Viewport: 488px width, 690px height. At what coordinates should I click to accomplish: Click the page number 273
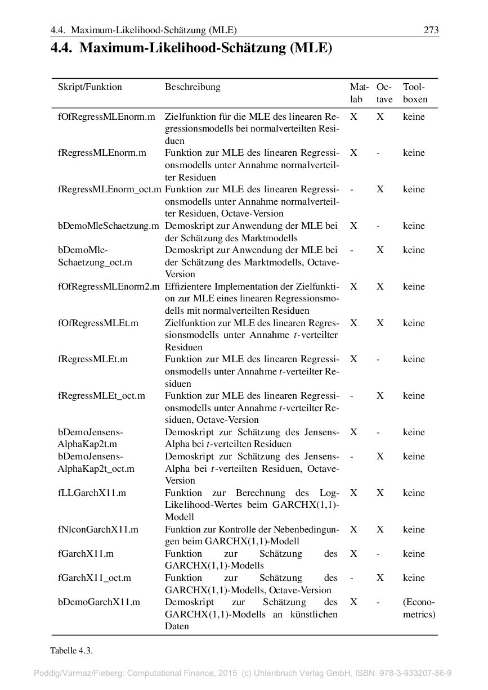click(431, 30)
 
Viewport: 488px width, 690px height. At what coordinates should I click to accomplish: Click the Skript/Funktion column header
click(89, 87)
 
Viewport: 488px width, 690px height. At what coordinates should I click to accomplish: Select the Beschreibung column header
click(192, 87)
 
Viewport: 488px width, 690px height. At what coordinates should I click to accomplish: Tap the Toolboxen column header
click(415, 93)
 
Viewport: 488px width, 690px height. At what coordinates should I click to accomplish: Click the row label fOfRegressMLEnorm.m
click(106, 117)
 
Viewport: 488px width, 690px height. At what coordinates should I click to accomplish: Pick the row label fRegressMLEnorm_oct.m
click(109, 190)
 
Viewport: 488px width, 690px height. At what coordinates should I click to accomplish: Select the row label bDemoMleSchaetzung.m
click(108, 226)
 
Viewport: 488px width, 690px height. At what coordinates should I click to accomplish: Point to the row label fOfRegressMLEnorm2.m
click(109, 287)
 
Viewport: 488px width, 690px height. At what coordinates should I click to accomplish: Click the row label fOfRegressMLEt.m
click(98, 323)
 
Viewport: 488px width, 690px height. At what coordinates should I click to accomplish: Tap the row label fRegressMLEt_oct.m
click(101, 396)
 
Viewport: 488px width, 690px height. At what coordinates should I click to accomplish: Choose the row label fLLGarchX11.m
click(92, 493)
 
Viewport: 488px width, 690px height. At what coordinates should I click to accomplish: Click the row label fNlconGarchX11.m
click(98, 530)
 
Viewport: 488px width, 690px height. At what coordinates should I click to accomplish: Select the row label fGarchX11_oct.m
click(94, 578)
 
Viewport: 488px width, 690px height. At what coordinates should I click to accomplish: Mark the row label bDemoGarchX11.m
click(99, 602)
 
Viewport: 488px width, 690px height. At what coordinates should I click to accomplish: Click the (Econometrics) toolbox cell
click(419, 608)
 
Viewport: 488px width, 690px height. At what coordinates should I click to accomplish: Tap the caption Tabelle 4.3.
click(71, 651)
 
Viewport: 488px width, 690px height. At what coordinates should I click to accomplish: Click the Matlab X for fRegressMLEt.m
click(353, 359)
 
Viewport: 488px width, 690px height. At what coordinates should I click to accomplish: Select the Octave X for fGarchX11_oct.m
click(380, 578)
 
